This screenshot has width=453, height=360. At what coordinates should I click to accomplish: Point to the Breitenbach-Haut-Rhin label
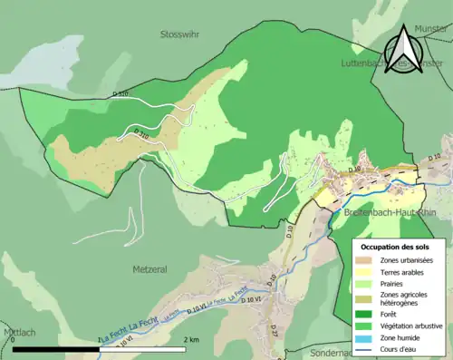coord(390,212)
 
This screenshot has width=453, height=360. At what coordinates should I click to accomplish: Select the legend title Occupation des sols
coord(395,246)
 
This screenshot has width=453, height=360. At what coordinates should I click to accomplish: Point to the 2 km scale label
coord(191,339)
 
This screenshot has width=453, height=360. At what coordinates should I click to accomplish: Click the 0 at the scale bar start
coord(14,339)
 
